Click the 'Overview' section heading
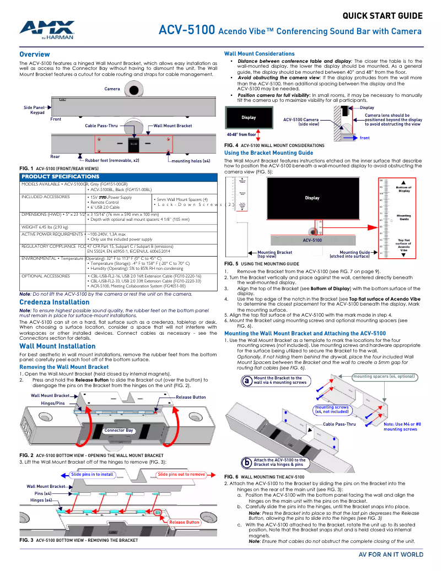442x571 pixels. [35, 55]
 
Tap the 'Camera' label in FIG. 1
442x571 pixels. [112, 89]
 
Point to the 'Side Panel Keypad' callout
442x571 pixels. [34, 110]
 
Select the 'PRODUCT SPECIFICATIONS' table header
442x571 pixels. [60, 176]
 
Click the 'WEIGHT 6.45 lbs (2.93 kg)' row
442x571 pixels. [45, 227]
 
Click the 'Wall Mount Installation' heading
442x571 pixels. [57, 346]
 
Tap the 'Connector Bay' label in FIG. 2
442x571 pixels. [118, 430]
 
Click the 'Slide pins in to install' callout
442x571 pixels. [92, 474]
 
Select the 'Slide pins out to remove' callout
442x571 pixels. [181, 474]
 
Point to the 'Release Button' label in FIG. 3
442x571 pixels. [184, 522]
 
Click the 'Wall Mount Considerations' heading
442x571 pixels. [259, 53]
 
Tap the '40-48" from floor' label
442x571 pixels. [241, 134]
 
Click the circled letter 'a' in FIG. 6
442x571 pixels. [247, 380]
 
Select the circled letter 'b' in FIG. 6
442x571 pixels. [247, 462]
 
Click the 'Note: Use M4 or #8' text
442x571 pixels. [402, 425]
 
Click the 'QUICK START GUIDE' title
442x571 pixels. [382, 15]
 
